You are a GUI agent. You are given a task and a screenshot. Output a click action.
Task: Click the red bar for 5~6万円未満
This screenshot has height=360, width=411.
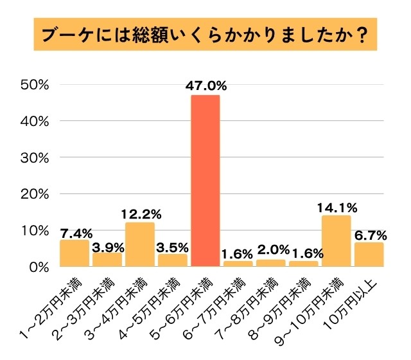coord(205,181)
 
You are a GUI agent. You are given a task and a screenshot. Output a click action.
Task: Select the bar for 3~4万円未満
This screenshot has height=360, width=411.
coord(140,244)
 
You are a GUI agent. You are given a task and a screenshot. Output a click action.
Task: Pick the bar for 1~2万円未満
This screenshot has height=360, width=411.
coord(74,253)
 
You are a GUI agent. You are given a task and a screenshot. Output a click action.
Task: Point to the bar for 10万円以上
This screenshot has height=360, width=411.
coord(369,255)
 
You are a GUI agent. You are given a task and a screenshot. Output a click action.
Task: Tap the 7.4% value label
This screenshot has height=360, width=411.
coord(74,231)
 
